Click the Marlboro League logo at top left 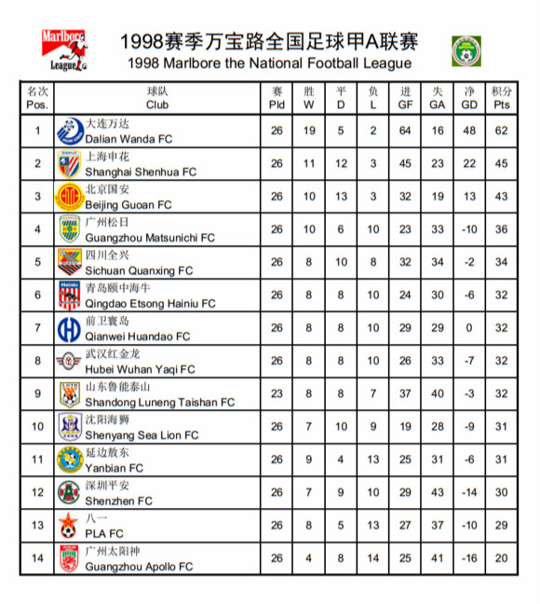pyautogui.click(x=65, y=51)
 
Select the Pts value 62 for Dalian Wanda pyautogui.click(x=502, y=130)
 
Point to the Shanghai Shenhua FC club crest pyautogui.click(x=69, y=163)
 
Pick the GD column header pyautogui.click(x=469, y=98)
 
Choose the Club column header pyautogui.click(x=157, y=98)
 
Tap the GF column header pyautogui.click(x=405, y=98)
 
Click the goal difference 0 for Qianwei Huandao pyautogui.click(x=469, y=328)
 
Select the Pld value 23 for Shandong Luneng pyautogui.click(x=277, y=393)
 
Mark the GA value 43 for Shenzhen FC pyautogui.click(x=438, y=492)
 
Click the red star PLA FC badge pyautogui.click(x=68, y=526)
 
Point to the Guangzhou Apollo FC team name pyautogui.click(x=139, y=566)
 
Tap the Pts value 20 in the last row pyautogui.click(x=502, y=558)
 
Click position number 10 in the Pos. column pyautogui.click(x=38, y=427)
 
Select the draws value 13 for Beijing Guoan pyautogui.click(x=341, y=197)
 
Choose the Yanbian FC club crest pyautogui.click(x=69, y=460)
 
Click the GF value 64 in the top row pyautogui.click(x=405, y=130)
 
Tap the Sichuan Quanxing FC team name pyautogui.click(x=139, y=270)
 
